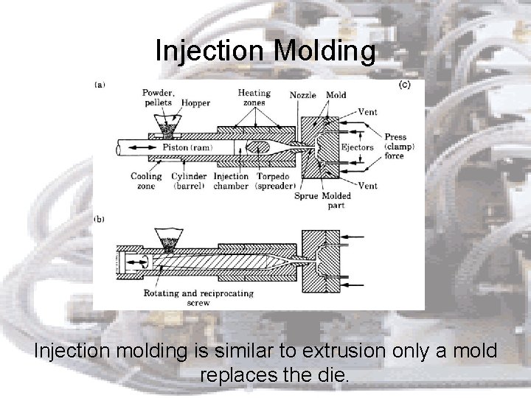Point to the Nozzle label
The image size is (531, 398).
302,95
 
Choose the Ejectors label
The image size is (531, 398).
358,147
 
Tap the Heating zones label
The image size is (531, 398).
254,99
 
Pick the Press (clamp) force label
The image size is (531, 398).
400,146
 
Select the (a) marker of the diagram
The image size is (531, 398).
100,85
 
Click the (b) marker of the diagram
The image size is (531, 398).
100,219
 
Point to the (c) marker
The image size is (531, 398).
405,85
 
